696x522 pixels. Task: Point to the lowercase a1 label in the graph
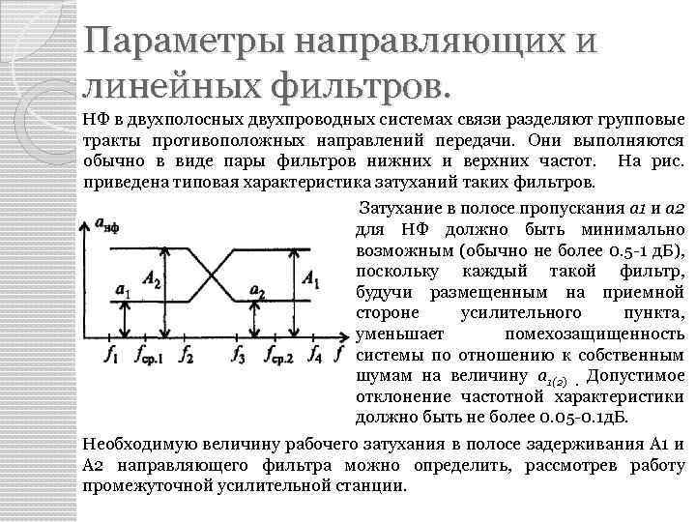point(122,290)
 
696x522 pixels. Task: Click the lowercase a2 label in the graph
point(258,290)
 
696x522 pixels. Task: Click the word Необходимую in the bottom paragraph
point(141,444)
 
